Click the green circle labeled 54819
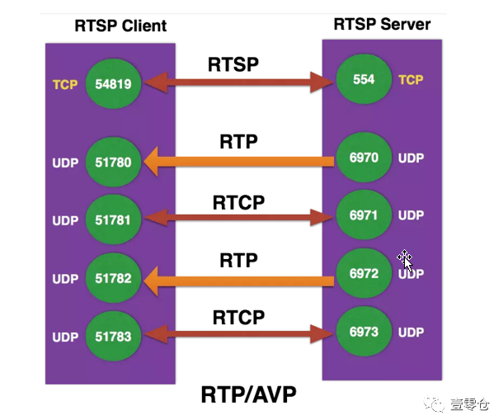tap(114, 84)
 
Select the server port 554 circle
tap(364, 79)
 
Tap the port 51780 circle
tap(114, 162)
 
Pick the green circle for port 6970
tap(364, 158)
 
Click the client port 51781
tap(114, 219)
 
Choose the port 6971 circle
tap(364, 215)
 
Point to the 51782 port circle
tap(114, 278)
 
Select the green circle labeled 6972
tap(364, 273)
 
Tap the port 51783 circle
tap(114, 337)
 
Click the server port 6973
tap(364, 332)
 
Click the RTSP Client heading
tap(120, 26)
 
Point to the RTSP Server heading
tap(382, 24)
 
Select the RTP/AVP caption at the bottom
tap(248, 394)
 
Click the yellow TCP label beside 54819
tap(65, 84)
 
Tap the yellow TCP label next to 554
tap(411, 80)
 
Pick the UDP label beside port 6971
tap(411, 215)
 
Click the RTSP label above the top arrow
tap(233, 64)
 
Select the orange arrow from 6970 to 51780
tap(238, 162)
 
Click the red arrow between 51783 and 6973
tap(238, 334)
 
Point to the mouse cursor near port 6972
tap(406, 261)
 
